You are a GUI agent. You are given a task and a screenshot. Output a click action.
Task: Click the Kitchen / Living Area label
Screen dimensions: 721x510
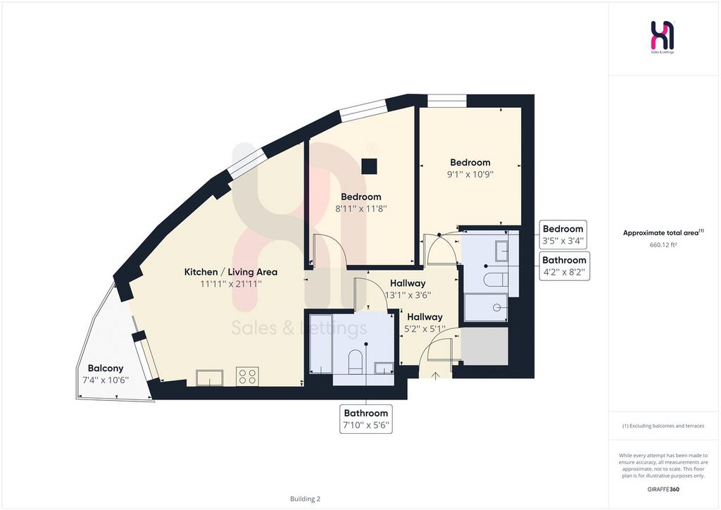pyautogui.click(x=231, y=272)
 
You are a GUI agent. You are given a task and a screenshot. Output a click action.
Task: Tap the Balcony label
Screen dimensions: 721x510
pyautogui.click(x=106, y=368)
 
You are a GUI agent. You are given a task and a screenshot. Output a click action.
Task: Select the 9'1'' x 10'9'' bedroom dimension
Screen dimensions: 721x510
pyautogui.click(x=470, y=174)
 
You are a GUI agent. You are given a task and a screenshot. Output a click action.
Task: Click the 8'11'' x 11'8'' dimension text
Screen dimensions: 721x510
pyautogui.click(x=361, y=209)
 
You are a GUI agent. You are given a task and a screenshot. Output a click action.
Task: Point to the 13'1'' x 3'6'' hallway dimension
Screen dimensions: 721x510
pyautogui.click(x=408, y=295)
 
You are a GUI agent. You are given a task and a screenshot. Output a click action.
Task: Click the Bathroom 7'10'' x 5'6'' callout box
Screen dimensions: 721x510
pyautogui.click(x=366, y=419)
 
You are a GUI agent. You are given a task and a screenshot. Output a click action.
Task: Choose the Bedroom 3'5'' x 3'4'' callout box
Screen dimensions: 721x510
pyautogui.click(x=563, y=235)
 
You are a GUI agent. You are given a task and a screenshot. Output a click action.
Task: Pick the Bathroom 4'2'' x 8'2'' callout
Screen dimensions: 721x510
pyautogui.click(x=564, y=266)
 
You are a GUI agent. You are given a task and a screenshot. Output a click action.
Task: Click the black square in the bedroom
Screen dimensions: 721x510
pyautogui.click(x=369, y=166)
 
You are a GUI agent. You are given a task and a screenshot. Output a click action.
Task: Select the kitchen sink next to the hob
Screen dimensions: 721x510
pyautogui.click(x=210, y=378)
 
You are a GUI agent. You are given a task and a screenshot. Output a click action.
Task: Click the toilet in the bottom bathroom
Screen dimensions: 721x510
pyautogui.click(x=356, y=361)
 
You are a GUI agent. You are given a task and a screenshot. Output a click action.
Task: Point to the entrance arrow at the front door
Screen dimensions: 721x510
pyautogui.click(x=435, y=376)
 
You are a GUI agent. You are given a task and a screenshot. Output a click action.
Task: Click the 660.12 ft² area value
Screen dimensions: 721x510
pyautogui.click(x=663, y=245)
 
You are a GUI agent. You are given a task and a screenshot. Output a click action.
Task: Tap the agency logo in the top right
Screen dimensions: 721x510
pyautogui.click(x=663, y=37)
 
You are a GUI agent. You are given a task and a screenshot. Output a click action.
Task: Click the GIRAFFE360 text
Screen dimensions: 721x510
pyautogui.click(x=663, y=489)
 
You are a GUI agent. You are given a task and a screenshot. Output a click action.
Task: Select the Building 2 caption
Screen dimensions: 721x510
pyautogui.click(x=306, y=499)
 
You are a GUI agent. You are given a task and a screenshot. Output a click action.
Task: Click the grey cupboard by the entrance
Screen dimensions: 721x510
pyautogui.click(x=484, y=347)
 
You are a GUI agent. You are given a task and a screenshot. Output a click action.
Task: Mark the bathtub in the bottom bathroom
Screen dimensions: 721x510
pyautogui.click(x=321, y=344)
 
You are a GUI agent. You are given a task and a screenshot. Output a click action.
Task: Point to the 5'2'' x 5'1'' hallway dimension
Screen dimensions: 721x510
pyautogui.click(x=425, y=329)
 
